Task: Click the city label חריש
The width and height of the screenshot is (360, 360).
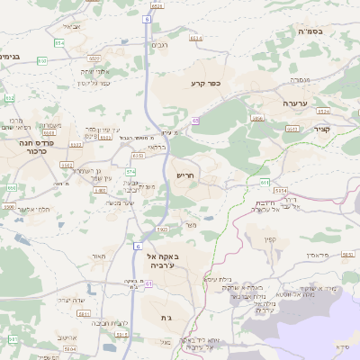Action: (185, 176)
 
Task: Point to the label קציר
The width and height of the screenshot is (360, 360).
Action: (322, 129)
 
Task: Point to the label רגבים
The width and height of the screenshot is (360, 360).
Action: (159, 45)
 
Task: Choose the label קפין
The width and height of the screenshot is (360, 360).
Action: (270, 239)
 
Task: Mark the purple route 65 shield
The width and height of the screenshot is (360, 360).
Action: (194, 120)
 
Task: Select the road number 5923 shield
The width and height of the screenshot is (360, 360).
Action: (162, 229)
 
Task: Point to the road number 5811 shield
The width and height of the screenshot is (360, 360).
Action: (84, 314)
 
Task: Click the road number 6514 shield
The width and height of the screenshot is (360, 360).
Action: (196, 38)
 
